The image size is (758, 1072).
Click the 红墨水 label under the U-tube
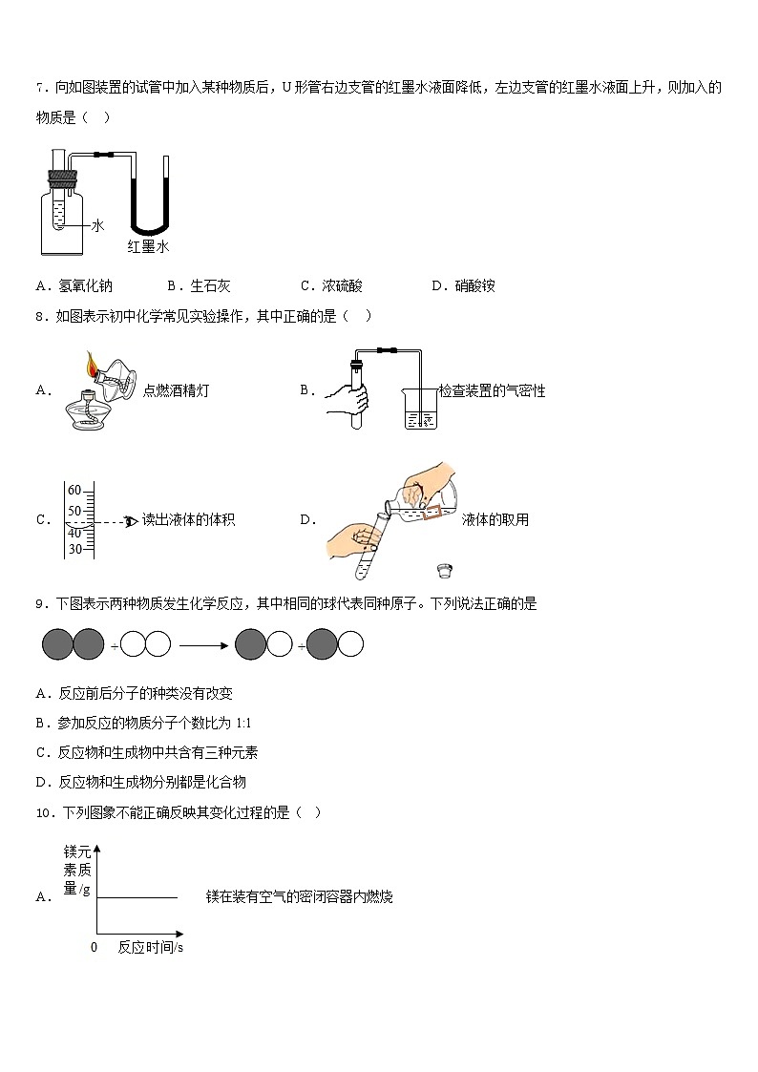point(148,246)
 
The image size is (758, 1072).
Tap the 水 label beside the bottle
point(96,225)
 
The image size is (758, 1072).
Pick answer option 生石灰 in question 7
point(210,285)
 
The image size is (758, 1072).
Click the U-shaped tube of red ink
point(150,205)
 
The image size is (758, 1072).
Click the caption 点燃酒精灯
point(176,389)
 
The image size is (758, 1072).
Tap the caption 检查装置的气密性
point(493,390)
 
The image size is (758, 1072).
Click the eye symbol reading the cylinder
point(132,520)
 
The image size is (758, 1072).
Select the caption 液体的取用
point(495,520)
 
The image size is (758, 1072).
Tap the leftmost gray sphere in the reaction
point(58,645)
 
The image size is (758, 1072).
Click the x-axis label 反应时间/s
point(151,948)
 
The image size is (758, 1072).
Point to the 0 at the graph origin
point(94,948)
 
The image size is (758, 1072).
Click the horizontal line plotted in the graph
point(137,897)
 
